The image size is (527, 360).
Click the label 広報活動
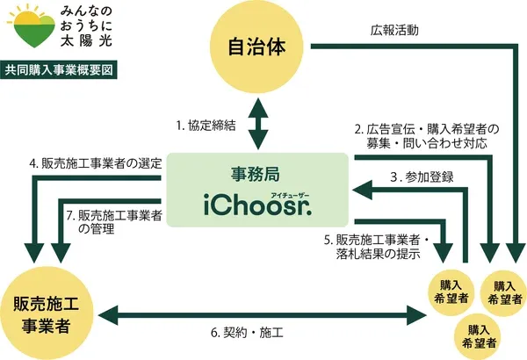(395, 29)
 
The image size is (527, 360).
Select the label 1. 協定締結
(206, 125)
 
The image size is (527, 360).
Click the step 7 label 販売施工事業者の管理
(114, 221)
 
